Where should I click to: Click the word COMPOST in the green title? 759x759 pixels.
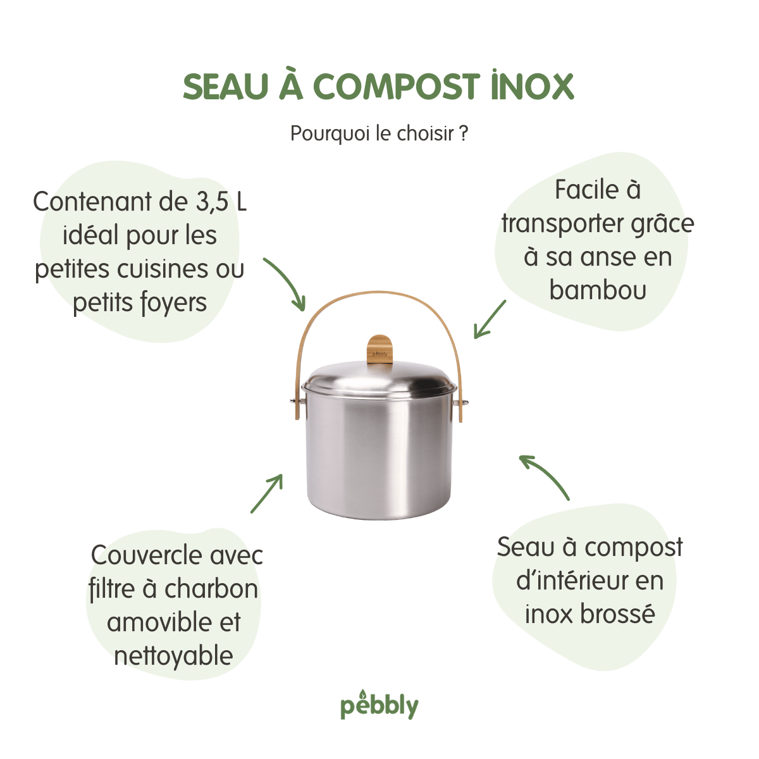point(396,87)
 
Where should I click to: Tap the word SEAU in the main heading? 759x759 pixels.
point(226,87)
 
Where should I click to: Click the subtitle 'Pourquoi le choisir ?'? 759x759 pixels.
point(379,134)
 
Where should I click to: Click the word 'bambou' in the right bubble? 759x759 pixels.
point(598,290)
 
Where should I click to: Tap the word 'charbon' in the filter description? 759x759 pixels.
point(211,589)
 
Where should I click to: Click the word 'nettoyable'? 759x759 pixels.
point(174,657)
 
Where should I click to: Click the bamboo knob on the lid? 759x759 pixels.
point(379,349)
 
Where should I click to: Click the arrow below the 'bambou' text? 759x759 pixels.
point(490,320)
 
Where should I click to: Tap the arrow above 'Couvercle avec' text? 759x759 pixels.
point(267,493)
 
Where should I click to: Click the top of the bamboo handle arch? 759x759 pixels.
point(378,293)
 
